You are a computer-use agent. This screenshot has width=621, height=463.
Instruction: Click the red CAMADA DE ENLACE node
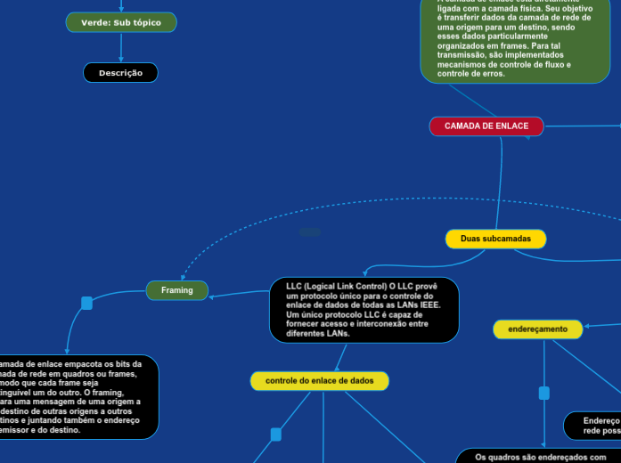click(x=486, y=126)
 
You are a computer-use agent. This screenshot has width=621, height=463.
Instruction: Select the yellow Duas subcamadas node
click(x=495, y=239)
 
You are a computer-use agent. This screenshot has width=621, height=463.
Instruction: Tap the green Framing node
click(x=176, y=290)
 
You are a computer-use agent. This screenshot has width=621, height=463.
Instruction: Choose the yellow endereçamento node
click(x=538, y=329)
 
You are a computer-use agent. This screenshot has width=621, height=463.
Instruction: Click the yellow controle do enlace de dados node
click(x=319, y=381)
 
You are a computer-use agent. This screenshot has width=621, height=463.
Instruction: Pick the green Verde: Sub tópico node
click(x=121, y=22)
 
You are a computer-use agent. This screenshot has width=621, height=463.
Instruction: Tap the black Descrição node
click(x=120, y=73)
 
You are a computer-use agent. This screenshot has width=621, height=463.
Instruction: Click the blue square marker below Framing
click(x=86, y=304)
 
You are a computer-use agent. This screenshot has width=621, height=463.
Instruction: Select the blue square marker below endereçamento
click(x=544, y=393)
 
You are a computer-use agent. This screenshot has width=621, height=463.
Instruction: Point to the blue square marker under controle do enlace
click(x=275, y=435)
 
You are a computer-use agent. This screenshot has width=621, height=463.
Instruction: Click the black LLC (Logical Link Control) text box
click(x=364, y=310)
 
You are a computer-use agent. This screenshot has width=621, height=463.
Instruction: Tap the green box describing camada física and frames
click(x=515, y=43)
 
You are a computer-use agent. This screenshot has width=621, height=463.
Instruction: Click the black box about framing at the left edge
click(x=78, y=397)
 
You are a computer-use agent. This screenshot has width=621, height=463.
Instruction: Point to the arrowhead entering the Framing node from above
click(x=182, y=277)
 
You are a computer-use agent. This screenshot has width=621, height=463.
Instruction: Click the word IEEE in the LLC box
click(x=429, y=305)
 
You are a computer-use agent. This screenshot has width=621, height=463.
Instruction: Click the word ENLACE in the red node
click(x=510, y=126)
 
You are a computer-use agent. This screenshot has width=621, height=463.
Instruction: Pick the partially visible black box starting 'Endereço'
click(x=593, y=426)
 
